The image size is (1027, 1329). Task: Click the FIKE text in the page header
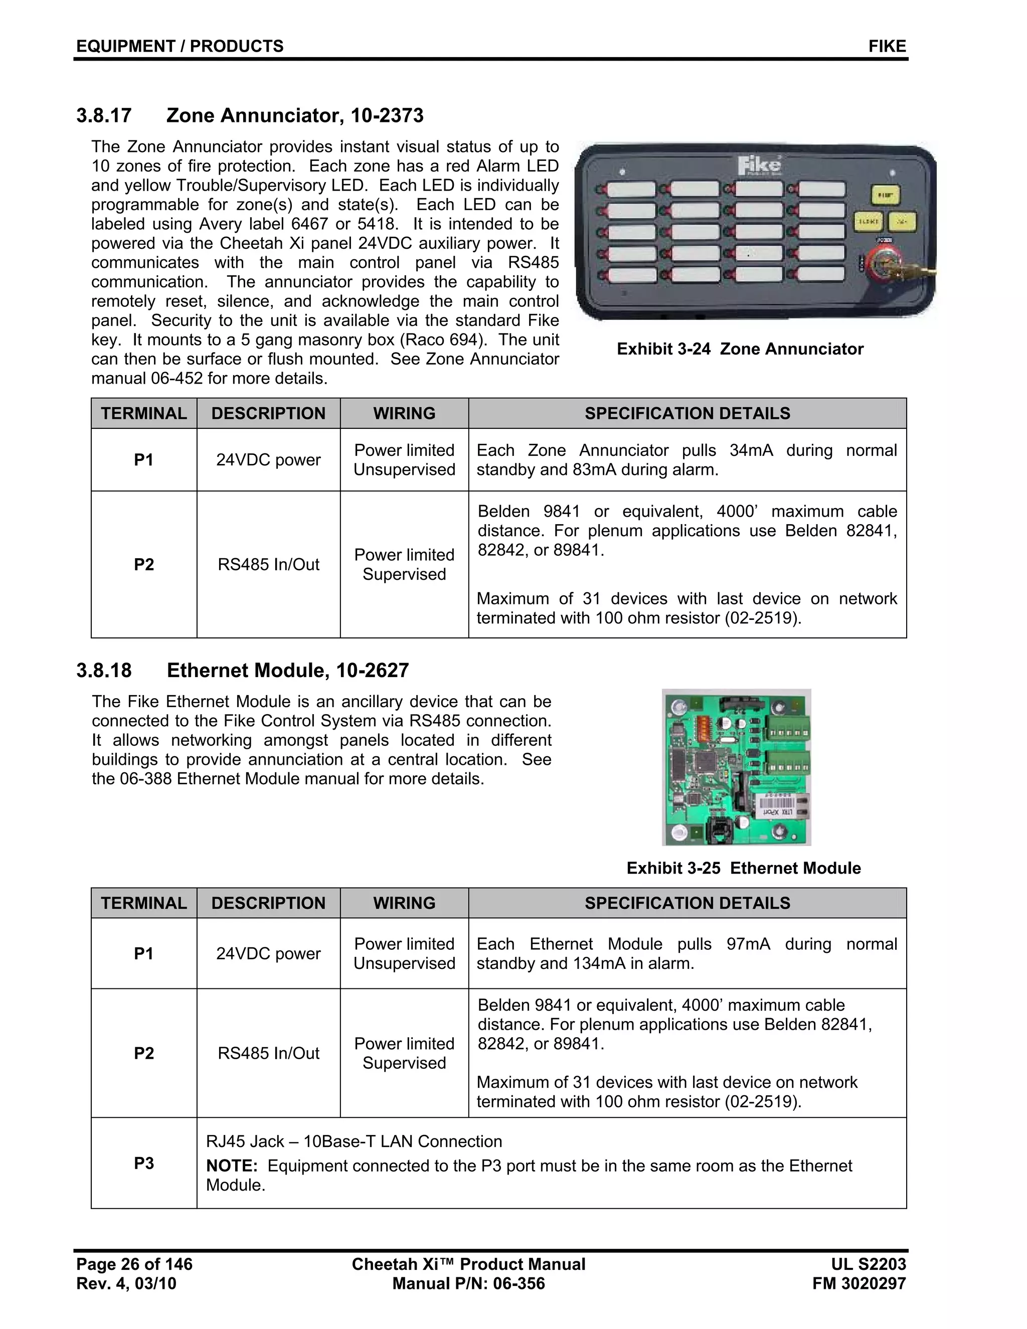pos(887,46)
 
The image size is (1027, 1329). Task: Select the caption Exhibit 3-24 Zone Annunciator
pos(740,349)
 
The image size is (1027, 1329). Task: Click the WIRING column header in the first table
pos(404,413)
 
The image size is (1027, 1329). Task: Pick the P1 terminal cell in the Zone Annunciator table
pos(143,460)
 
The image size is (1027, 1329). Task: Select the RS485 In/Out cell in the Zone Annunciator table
pos(268,565)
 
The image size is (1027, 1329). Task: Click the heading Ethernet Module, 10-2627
pos(288,670)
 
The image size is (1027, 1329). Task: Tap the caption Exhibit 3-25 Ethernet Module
pos(744,868)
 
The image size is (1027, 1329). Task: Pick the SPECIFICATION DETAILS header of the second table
pos(687,903)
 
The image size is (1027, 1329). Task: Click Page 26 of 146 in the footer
pos(134,1264)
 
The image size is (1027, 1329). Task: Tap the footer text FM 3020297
pos(859,1283)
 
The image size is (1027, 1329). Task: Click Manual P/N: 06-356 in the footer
pos(468,1283)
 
